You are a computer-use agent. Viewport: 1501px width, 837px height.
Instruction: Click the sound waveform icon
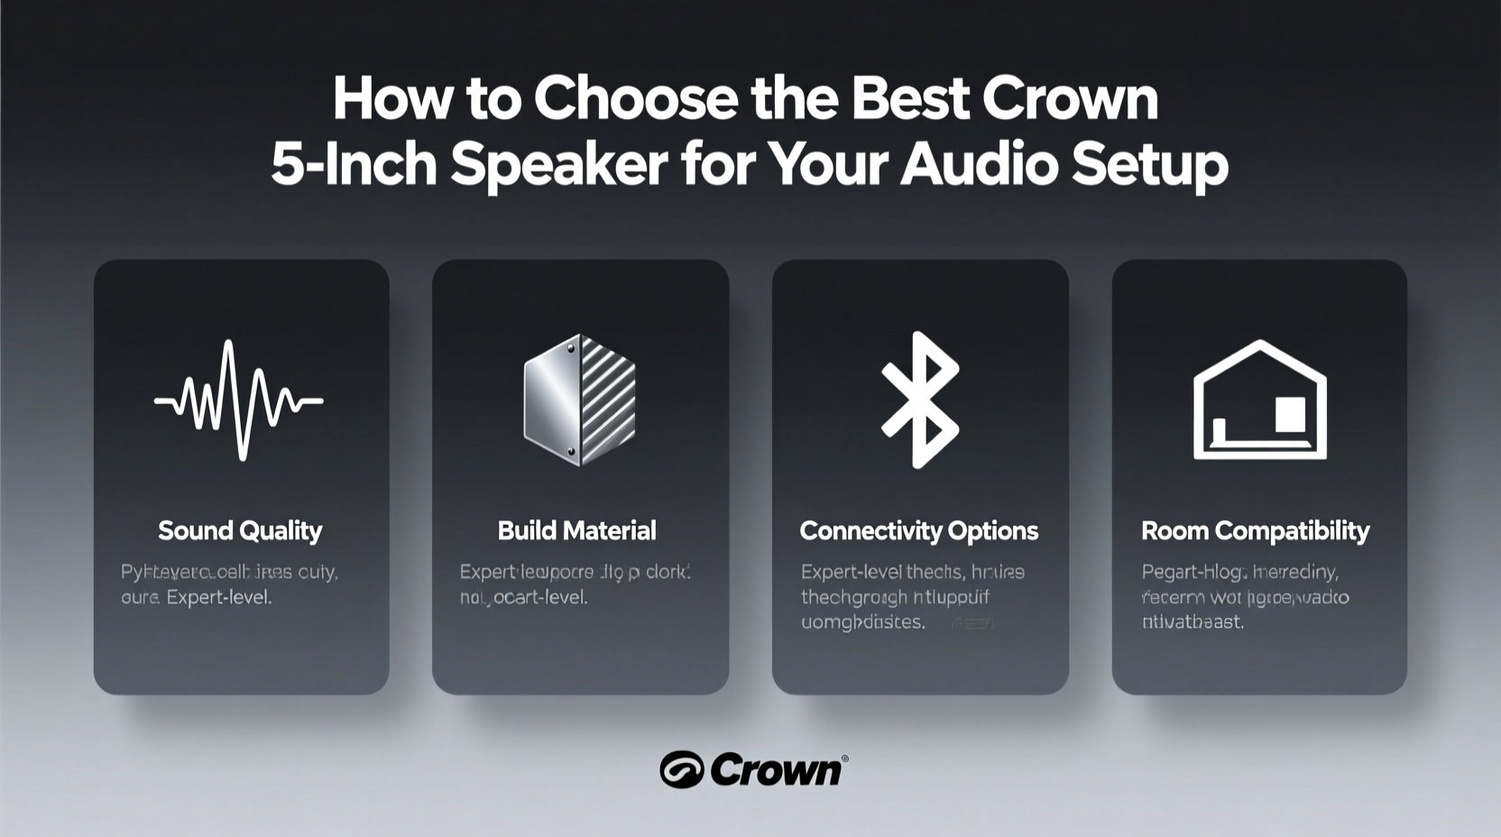239,400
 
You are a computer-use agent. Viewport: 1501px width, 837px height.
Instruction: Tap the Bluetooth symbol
920,400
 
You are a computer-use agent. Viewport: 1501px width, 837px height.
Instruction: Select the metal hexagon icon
580,400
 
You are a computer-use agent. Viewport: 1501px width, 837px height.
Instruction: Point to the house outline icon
1259,400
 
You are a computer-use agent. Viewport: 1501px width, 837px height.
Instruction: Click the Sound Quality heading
240,530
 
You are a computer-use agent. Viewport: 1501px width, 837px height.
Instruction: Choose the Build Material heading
577,530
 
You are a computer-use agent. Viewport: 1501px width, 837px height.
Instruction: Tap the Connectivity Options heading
919,530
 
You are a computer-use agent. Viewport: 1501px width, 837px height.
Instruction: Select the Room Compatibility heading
1255,530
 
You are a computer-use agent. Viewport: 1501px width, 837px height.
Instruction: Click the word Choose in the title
636,98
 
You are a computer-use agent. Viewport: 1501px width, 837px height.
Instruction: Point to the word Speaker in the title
559,164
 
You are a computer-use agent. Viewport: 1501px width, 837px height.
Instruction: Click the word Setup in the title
1150,164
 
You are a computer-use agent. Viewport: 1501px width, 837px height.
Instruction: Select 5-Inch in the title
354,164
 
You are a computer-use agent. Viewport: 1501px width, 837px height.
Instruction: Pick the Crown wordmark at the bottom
775,770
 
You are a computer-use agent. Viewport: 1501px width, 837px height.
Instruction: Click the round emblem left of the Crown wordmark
681,770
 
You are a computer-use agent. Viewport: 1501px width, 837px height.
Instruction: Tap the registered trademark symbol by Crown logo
844,759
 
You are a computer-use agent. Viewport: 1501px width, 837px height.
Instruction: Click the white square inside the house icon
1290,414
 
